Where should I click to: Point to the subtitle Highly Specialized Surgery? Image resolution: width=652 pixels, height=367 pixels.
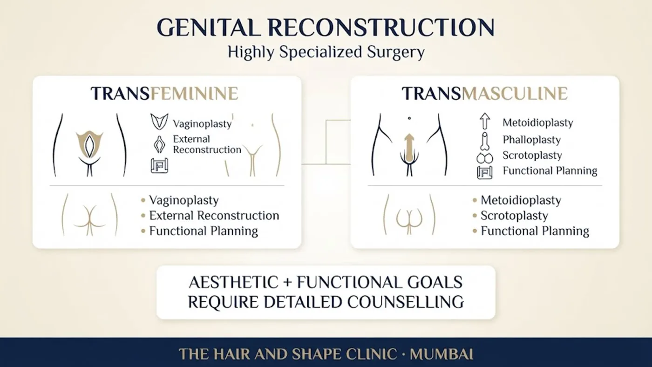[326, 52]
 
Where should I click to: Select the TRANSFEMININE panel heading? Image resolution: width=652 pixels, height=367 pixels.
[164, 94]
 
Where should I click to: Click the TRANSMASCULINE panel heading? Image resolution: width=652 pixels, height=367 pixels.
[485, 94]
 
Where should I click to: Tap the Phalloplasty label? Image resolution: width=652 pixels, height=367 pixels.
[531, 140]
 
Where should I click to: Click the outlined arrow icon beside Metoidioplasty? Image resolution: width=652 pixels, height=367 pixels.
[485, 121]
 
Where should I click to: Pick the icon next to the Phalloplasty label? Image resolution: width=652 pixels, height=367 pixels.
[485, 142]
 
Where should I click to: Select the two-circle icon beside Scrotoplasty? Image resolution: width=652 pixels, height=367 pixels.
[485, 158]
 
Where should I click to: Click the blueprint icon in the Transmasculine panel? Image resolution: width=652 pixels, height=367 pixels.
[485, 172]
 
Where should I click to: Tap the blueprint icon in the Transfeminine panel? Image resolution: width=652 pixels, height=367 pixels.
[159, 166]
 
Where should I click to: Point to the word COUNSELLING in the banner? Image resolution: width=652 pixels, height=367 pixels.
[406, 302]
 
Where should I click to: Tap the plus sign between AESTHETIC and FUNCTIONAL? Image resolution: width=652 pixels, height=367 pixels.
[288, 283]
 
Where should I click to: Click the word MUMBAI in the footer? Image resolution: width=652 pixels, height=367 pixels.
[441, 354]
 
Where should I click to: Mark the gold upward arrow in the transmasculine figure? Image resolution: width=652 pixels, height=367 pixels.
[409, 148]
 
